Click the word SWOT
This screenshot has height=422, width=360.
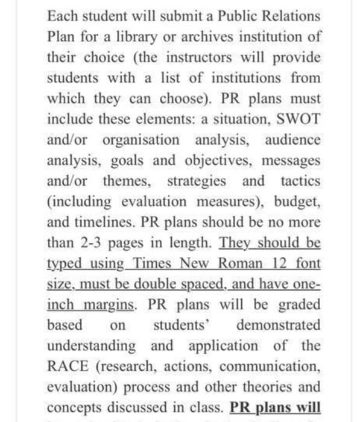296,119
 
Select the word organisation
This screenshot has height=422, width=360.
141,140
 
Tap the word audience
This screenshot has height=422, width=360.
292,140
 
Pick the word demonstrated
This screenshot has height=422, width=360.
279,325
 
